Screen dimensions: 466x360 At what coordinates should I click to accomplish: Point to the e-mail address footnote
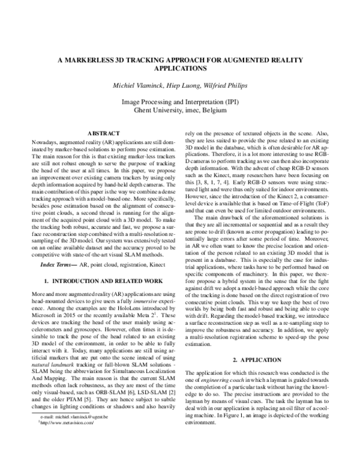pos(72,450)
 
